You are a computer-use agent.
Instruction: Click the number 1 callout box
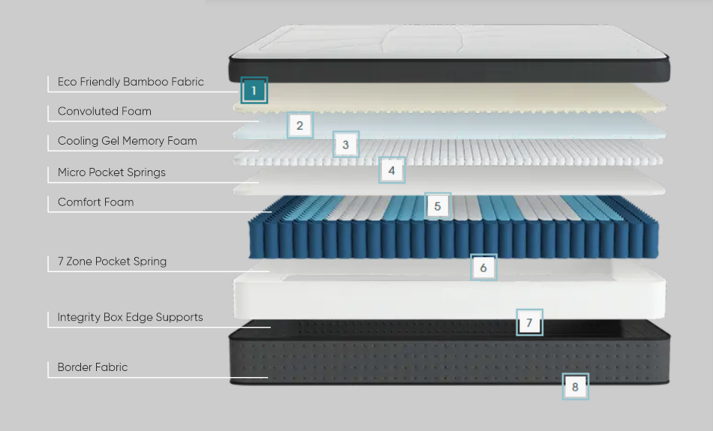(254, 91)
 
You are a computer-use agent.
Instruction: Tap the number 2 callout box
(299, 125)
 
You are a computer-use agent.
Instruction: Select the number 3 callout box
(345, 145)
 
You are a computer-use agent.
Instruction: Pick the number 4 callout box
(391, 170)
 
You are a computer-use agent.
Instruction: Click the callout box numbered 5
(438, 205)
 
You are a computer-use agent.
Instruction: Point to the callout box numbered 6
(483, 267)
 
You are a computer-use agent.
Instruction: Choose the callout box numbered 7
(529, 322)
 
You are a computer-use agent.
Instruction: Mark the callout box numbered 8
(576, 387)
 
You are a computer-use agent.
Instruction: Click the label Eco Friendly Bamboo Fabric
(131, 82)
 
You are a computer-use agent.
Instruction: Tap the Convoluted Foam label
(104, 111)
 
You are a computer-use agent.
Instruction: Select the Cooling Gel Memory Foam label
(127, 141)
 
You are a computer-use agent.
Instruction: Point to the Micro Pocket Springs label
(111, 172)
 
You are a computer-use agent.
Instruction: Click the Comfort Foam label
(95, 202)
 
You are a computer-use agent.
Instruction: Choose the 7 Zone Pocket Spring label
(112, 262)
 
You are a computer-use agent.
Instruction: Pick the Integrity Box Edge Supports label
(130, 317)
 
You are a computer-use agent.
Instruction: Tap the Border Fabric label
(92, 367)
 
